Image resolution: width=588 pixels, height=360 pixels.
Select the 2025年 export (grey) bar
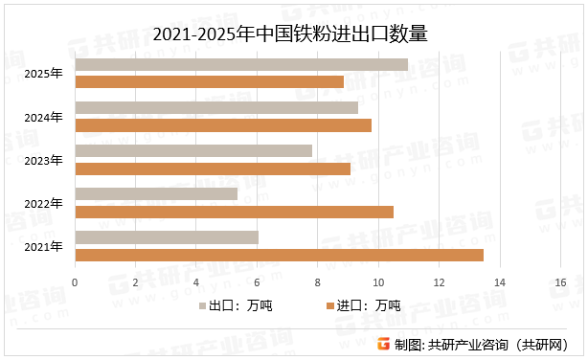coord(240,65)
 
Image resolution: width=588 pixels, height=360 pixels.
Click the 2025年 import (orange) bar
coord(209,81)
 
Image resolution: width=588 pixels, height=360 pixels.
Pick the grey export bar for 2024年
coord(216,108)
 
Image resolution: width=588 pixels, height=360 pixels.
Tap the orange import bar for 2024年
coord(222,124)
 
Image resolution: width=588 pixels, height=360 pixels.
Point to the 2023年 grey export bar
coord(193,150)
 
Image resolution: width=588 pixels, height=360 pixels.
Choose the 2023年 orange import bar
coord(213,168)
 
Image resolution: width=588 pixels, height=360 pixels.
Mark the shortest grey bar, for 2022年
coord(156,193)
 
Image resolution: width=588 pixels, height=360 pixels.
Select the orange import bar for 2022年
coord(234,211)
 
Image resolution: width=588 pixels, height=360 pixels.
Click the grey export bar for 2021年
coord(167,236)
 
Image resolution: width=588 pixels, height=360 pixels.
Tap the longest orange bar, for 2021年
coord(279,254)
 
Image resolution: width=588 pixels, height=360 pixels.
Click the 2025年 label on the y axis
coord(43,74)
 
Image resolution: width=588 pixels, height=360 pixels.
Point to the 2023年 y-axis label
coord(43,160)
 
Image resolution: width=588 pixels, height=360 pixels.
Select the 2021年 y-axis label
coord(43,246)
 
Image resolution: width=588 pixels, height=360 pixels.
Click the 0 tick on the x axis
coord(75,281)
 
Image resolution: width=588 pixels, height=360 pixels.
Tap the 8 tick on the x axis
coord(318,281)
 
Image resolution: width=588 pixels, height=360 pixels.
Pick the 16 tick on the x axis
coord(559,281)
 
